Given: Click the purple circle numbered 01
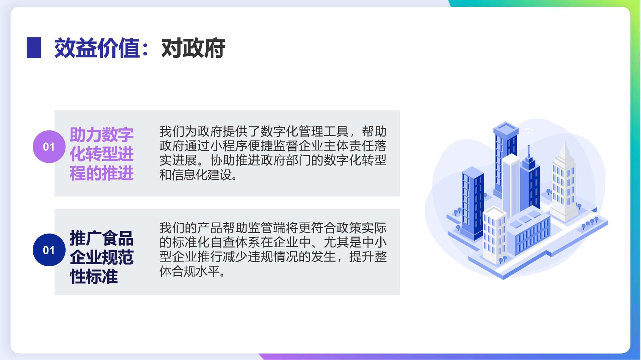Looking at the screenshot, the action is click(49, 146).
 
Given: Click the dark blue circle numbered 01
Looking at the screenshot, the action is click(49, 250).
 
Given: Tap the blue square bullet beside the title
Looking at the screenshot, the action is click(34, 48).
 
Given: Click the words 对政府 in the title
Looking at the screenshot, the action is click(193, 48).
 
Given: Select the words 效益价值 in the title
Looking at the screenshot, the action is click(97, 48).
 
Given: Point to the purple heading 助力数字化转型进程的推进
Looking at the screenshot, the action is click(101, 154).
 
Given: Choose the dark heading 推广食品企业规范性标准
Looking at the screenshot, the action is click(101, 257).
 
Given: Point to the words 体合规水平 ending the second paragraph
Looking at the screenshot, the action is click(189, 271).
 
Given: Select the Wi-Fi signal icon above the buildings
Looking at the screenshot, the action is click(528, 131).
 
